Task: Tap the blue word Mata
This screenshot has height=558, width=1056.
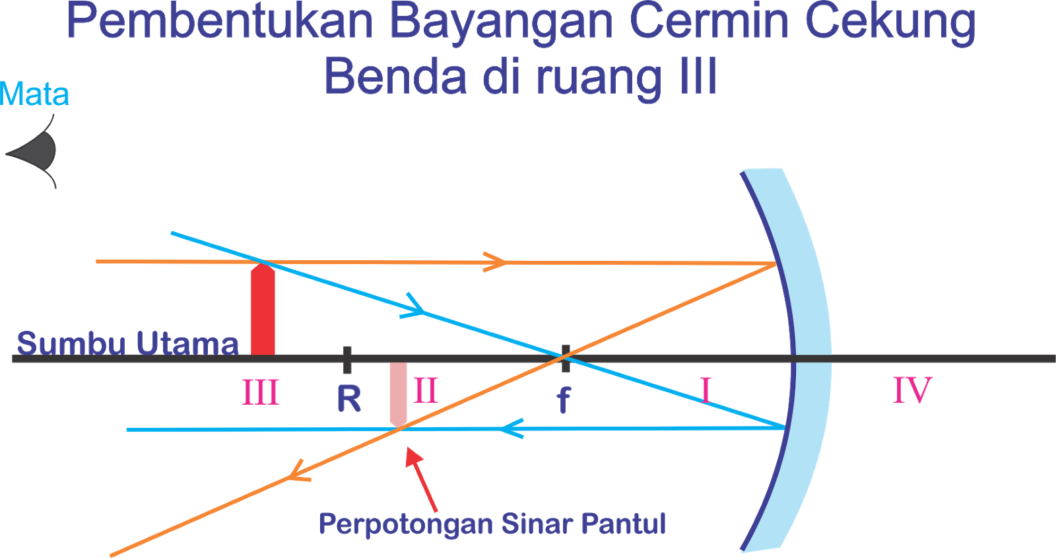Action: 34,94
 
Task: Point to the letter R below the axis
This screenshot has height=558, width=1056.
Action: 349,399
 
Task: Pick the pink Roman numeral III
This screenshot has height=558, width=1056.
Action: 261,393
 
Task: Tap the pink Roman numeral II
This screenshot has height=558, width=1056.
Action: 426,391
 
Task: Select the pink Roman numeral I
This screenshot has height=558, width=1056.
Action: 706,390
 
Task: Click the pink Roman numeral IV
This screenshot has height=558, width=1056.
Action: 912,390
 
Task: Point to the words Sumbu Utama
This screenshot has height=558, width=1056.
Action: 127,343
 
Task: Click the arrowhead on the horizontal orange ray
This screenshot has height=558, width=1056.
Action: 495,262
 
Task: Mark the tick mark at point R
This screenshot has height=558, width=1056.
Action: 347,359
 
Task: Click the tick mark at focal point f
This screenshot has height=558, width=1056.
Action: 565,358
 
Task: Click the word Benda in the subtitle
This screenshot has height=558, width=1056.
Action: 395,77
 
